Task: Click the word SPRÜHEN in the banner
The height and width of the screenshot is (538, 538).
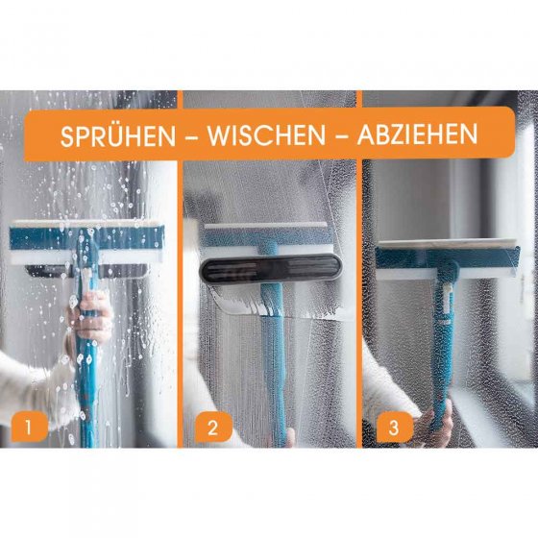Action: point(118,135)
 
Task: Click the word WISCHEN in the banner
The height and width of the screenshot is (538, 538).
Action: point(266,135)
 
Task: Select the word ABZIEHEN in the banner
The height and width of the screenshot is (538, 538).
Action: point(417,134)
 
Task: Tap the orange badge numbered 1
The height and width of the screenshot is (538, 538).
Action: point(29,427)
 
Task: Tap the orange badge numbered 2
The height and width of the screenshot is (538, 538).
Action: point(212,428)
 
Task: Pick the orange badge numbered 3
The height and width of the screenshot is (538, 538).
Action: point(395,428)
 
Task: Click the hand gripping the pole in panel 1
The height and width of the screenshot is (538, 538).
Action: point(90,318)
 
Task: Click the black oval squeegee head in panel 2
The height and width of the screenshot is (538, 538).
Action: point(271,268)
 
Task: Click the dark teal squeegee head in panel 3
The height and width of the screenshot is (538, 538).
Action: point(448,259)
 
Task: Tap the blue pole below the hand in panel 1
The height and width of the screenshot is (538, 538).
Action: point(87,395)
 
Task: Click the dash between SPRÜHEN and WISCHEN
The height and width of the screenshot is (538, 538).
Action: point(192,136)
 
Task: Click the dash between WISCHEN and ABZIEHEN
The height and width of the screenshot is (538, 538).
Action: point(341,135)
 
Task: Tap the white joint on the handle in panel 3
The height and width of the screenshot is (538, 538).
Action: point(446,299)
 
